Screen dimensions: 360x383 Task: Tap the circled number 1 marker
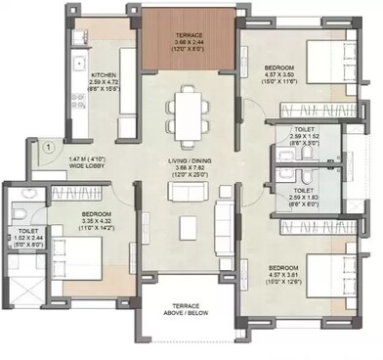point(46,149)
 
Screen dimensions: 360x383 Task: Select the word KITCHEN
point(105,75)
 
